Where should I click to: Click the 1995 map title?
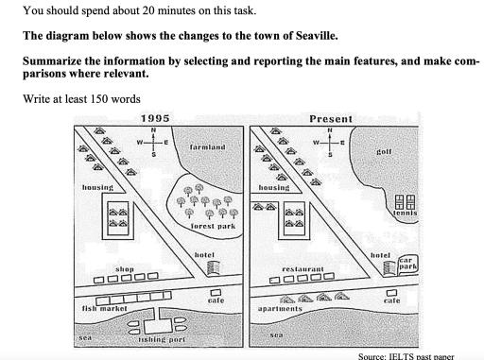(155, 118)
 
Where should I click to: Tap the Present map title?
(331, 119)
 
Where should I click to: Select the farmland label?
(208, 147)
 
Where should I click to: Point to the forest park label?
(213, 226)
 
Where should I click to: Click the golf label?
(384, 152)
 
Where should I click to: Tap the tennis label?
(406, 213)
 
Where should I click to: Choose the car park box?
(408, 265)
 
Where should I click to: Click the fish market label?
(104, 308)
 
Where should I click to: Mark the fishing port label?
(162, 339)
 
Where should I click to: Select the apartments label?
(280, 309)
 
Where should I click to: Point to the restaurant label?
(302, 269)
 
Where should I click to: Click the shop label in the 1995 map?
(125, 269)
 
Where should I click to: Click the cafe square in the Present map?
(391, 293)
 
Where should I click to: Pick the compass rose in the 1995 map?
(153, 142)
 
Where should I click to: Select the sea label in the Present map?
(276, 335)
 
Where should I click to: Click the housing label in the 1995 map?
(97, 187)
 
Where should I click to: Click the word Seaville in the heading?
(316, 36)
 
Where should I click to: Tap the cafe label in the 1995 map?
(216, 300)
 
